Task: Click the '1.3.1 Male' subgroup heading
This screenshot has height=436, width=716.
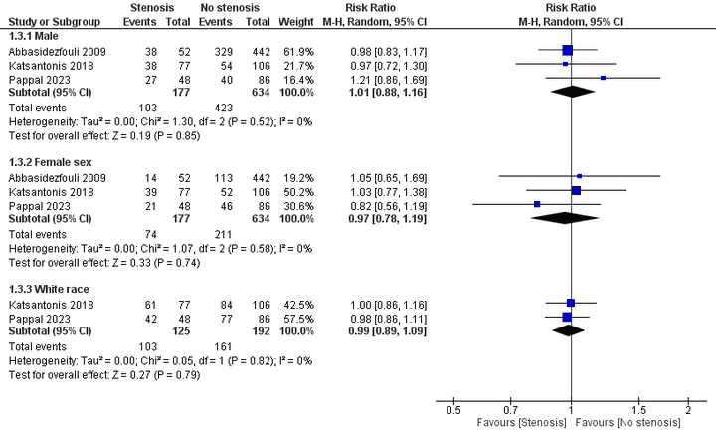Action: [33, 35]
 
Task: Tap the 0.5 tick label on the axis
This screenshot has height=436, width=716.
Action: [453, 409]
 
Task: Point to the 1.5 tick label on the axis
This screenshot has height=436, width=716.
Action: [638, 409]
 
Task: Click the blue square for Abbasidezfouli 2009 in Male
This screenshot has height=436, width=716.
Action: [567, 49]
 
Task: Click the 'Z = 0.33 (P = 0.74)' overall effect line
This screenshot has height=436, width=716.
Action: [103, 263]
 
